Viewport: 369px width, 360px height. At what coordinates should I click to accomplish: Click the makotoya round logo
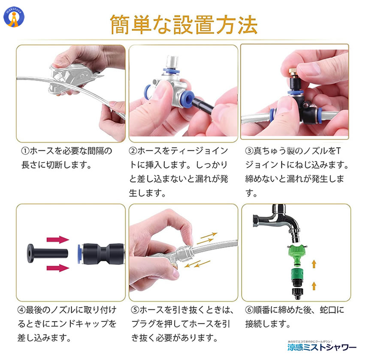pyautogui.click(x=14, y=17)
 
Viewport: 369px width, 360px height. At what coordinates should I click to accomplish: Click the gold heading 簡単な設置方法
pyautogui.click(x=184, y=25)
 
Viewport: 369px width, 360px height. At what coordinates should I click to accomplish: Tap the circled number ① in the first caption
pyautogui.click(x=25, y=151)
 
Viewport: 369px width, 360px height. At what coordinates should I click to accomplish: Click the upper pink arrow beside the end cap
pyautogui.click(x=58, y=240)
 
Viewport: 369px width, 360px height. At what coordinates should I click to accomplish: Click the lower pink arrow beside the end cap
pyautogui.click(x=58, y=268)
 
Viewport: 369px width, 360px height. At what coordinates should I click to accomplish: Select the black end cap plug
pyautogui.click(x=48, y=253)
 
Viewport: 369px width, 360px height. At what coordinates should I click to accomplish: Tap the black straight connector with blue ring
pyautogui.click(x=101, y=254)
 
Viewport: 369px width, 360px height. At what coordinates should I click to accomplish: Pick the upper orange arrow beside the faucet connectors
pyautogui.click(x=314, y=264)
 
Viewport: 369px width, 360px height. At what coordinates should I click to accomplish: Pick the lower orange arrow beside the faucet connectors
pyautogui.click(x=314, y=286)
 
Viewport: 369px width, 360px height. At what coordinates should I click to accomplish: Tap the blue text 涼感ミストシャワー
pyautogui.click(x=322, y=347)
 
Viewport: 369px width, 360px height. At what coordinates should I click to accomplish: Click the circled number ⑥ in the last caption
pyautogui.click(x=249, y=310)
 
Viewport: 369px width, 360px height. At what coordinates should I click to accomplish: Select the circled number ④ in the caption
pyautogui.click(x=21, y=310)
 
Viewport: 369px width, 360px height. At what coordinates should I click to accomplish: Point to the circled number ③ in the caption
pyautogui.click(x=249, y=151)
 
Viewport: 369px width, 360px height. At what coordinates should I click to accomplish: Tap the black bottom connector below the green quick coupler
pyautogui.click(x=297, y=293)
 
